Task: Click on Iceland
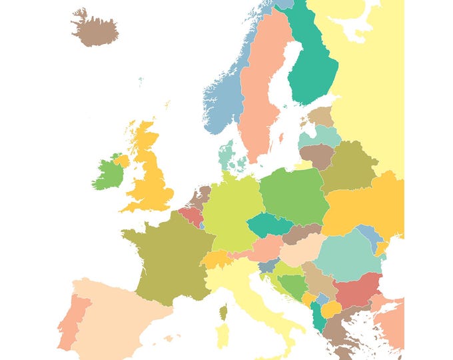click(95, 29)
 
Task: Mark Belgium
click(190, 216)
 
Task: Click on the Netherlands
click(199, 197)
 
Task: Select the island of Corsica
click(223, 312)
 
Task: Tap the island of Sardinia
click(221, 337)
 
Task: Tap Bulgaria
click(356, 291)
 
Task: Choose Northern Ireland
click(121, 161)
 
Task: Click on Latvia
click(320, 137)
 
